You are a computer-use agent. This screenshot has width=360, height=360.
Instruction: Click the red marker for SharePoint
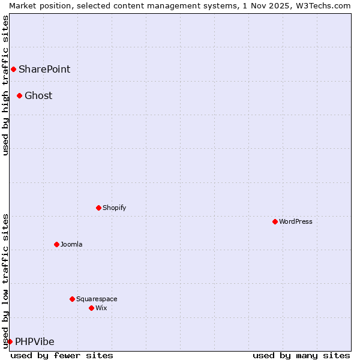tap(13, 69)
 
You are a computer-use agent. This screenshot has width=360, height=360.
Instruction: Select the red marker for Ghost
tap(19, 95)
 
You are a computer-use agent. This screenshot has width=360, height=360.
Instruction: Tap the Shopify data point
tap(98, 208)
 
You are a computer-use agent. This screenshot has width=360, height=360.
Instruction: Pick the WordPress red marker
tap(275, 221)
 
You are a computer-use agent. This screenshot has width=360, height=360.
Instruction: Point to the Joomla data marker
tap(56, 244)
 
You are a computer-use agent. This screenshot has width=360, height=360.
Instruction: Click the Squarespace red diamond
tap(72, 299)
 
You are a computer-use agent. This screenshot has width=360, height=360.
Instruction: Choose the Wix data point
tap(91, 308)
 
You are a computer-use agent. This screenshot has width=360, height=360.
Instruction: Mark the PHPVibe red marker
tap(10, 341)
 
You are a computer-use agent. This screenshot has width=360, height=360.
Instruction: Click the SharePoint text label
tap(44, 69)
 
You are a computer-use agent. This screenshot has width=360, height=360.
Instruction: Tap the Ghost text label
tap(38, 95)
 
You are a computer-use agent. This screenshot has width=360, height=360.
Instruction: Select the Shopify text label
tap(114, 208)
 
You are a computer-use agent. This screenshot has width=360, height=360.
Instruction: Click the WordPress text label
tap(296, 221)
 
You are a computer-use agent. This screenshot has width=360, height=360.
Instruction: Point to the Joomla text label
tap(71, 244)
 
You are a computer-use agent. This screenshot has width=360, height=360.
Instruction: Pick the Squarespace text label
tap(97, 299)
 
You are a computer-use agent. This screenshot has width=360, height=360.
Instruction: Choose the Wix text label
tap(101, 308)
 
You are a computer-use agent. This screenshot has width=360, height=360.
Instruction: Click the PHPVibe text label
tap(35, 341)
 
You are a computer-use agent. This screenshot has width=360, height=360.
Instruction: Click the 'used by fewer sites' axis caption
tap(62, 355)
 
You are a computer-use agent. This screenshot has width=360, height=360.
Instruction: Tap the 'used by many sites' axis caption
tap(301, 355)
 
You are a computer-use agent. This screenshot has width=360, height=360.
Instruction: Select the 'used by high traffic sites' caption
tap(5, 85)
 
